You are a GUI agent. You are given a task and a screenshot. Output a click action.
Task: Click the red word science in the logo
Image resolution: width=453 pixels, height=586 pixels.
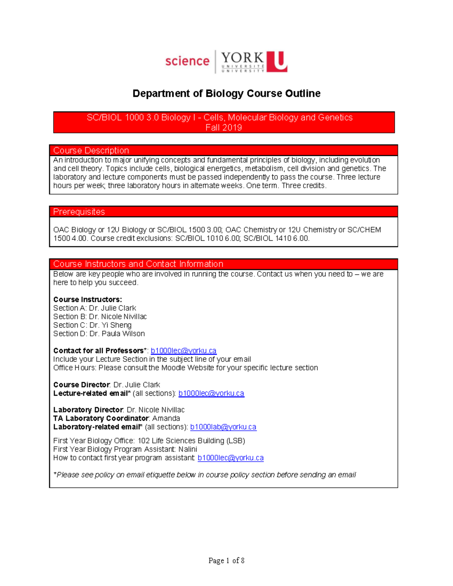click(x=187, y=61)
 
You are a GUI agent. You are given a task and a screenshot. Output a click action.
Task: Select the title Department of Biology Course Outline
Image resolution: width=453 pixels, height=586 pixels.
click(x=226, y=94)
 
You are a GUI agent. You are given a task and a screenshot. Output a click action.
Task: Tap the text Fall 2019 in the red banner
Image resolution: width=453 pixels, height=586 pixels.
click(x=223, y=128)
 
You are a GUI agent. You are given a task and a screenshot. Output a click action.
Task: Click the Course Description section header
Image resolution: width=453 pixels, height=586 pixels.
click(x=91, y=150)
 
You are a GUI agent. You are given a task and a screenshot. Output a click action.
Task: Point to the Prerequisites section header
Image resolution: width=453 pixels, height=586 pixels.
click(x=79, y=212)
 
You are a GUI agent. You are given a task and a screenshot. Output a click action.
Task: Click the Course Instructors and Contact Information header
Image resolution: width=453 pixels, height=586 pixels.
click(x=138, y=264)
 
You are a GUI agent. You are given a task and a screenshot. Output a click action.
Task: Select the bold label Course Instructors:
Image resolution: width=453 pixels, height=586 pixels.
click(x=88, y=300)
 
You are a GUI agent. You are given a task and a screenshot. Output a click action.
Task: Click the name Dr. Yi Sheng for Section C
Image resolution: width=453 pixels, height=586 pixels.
click(x=111, y=325)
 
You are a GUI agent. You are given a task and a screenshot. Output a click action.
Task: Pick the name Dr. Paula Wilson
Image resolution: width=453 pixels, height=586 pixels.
click(x=117, y=334)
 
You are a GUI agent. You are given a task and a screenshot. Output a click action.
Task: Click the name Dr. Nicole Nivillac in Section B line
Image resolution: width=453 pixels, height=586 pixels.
click(x=118, y=317)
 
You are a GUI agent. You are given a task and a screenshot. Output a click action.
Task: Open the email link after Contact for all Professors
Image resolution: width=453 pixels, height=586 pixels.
click(x=183, y=351)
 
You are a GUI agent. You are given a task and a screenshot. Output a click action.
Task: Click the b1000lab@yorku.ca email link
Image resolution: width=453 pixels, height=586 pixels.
click(x=223, y=427)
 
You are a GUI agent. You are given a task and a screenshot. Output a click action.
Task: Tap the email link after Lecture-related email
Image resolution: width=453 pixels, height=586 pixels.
click(x=211, y=393)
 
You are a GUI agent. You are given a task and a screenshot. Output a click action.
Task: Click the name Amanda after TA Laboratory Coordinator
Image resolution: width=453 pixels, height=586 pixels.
click(x=166, y=418)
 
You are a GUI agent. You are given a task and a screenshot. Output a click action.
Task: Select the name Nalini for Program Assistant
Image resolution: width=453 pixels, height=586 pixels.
click(x=188, y=449)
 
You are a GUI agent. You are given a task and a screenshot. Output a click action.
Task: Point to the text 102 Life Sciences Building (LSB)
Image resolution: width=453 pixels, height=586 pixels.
click(x=191, y=441)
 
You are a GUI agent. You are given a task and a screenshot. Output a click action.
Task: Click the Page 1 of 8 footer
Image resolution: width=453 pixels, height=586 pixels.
click(x=226, y=560)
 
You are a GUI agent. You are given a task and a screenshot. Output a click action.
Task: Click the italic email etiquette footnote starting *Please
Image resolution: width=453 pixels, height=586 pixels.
click(x=205, y=475)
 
